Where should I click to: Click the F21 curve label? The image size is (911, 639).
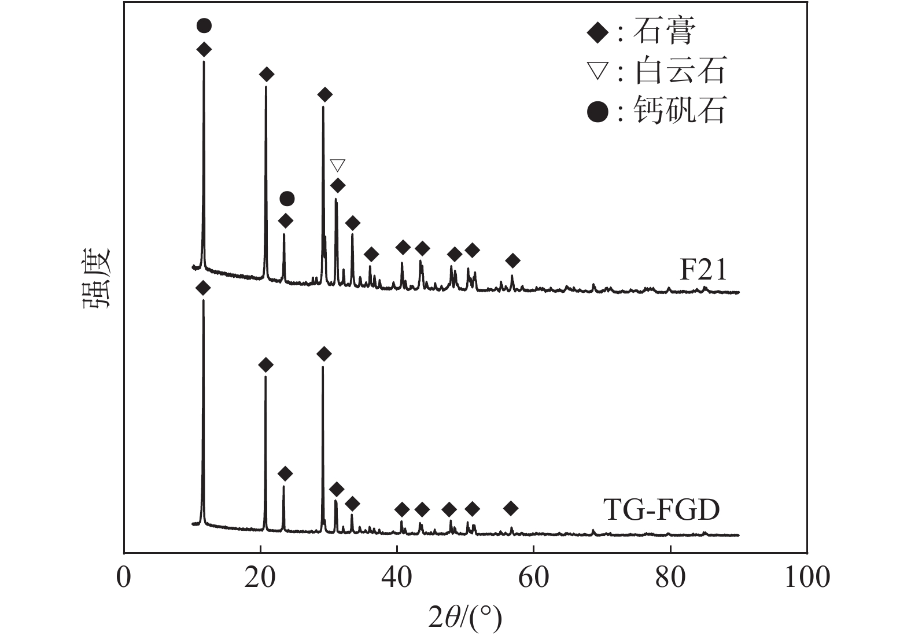pyautogui.click(x=702, y=270)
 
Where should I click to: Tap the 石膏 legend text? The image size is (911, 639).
pyautogui.click(x=664, y=32)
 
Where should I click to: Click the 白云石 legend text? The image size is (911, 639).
pyautogui.click(x=680, y=71)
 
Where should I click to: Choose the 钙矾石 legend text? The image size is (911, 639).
pyautogui.click(x=680, y=110)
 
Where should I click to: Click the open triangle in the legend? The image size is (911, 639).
pyautogui.click(x=598, y=72)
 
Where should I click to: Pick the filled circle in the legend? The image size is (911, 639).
pyautogui.click(x=598, y=111)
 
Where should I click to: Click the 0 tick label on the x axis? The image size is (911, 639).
pyautogui.click(x=124, y=577)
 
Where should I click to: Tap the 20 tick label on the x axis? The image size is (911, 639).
pyautogui.click(x=260, y=577)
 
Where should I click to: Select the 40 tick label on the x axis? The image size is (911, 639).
pyautogui.click(x=397, y=577)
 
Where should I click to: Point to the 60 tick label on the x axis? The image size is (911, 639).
pyautogui.click(x=533, y=577)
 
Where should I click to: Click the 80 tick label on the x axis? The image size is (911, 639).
pyautogui.click(x=670, y=577)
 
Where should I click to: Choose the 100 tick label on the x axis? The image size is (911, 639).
pyautogui.click(x=806, y=577)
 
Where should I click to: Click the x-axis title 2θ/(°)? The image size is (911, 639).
pyautogui.click(x=464, y=618)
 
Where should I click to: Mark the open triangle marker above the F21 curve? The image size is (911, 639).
pyautogui.click(x=337, y=166)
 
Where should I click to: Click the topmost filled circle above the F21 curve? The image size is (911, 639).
pyautogui.click(x=204, y=25)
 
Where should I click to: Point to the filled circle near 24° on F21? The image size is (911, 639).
pyautogui.click(x=287, y=199)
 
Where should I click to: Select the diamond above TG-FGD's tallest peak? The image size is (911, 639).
pyautogui.click(x=202, y=288)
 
